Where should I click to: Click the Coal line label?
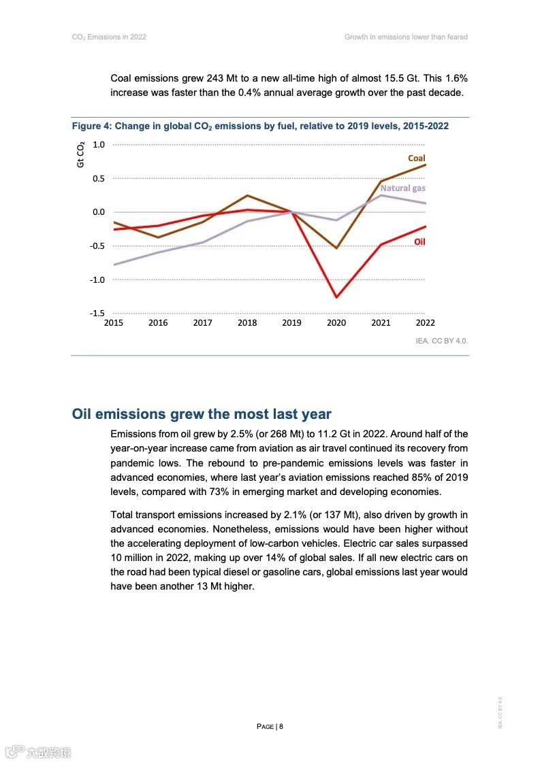pyautogui.click(x=416, y=158)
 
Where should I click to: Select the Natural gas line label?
pyautogui.click(x=402, y=188)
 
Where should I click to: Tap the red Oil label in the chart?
pyautogui.click(x=419, y=241)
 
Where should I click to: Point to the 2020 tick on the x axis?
pyautogui.click(x=336, y=323)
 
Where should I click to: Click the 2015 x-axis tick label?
pyautogui.click(x=113, y=323)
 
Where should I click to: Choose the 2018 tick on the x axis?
pyautogui.click(x=247, y=323)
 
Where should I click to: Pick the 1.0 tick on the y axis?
pyautogui.click(x=99, y=144)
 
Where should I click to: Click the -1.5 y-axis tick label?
pyautogui.click(x=97, y=313)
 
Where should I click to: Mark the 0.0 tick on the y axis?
pyautogui.click(x=99, y=212)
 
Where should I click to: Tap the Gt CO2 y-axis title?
pyautogui.click(x=80, y=154)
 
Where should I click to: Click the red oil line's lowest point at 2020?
pyautogui.click(x=336, y=297)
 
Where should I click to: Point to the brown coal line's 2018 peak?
pyautogui.click(x=247, y=196)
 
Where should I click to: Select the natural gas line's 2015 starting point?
pyautogui.click(x=114, y=265)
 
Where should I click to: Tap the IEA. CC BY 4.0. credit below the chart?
pyautogui.click(x=442, y=341)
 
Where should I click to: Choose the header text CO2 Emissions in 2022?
pyautogui.click(x=109, y=37)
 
